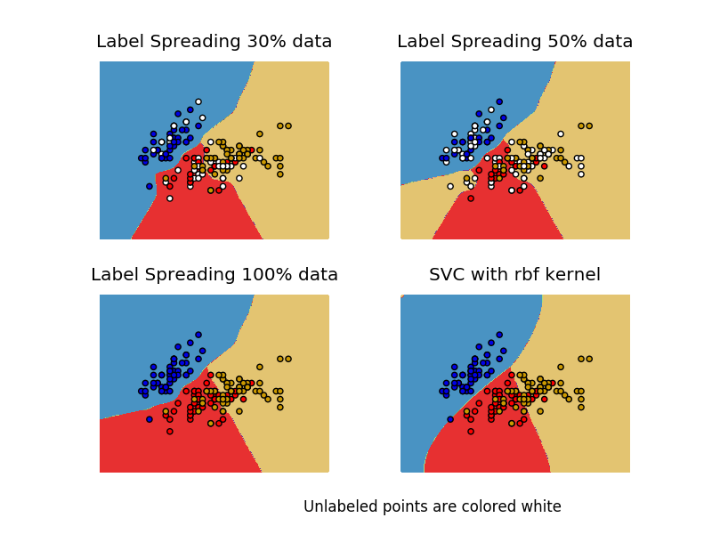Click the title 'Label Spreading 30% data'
pos(214,42)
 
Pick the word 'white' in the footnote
pos(541,506)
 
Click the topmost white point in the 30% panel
pos(198,101)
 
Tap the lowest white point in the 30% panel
pos(170,198)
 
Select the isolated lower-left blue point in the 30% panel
pos(150,186)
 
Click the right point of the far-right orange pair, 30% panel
pos(288,125)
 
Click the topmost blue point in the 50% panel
pos(499,101)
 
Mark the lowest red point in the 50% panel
pos(471,198)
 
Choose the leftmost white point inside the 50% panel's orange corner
pos(450,186)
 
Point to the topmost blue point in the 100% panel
pos(198,335)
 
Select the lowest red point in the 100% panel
pos(170,431)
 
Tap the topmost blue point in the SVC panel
pos(499,335)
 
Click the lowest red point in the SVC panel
pos(471,431)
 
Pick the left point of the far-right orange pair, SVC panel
pos(581,359)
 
